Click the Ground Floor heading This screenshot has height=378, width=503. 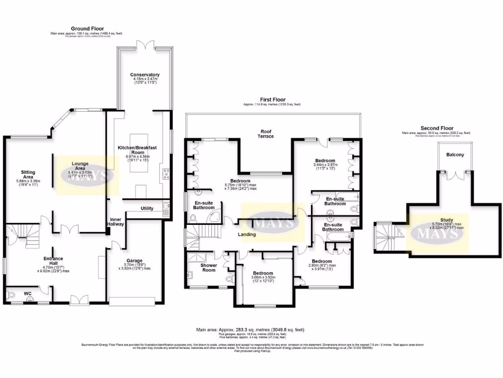point(86,29)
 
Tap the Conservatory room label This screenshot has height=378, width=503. point(144,75)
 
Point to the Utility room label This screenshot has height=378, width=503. point(147,208)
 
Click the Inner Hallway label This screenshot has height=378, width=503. point(115,221)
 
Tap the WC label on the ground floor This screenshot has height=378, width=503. point(28,293)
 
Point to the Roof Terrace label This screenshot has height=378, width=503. point(267,133)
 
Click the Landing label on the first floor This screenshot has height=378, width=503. point(247,234)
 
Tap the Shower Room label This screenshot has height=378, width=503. point(209,267)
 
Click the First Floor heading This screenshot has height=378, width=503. point(273,99)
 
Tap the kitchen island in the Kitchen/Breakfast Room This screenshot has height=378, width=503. point(138,153)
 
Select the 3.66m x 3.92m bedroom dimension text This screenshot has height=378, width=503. point(263,279)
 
